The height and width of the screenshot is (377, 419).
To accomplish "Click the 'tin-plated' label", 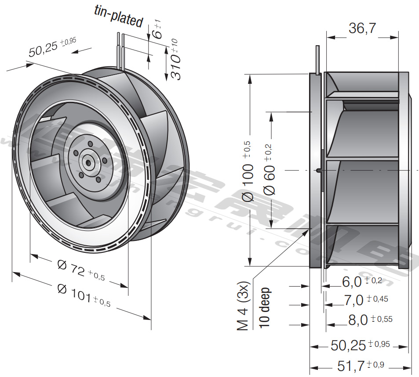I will point(119,17).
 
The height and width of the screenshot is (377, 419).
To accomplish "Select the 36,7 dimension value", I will point(362,29).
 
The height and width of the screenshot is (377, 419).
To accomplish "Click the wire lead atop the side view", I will point(318,59).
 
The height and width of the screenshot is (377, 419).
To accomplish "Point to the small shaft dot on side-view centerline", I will point(318,170).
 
